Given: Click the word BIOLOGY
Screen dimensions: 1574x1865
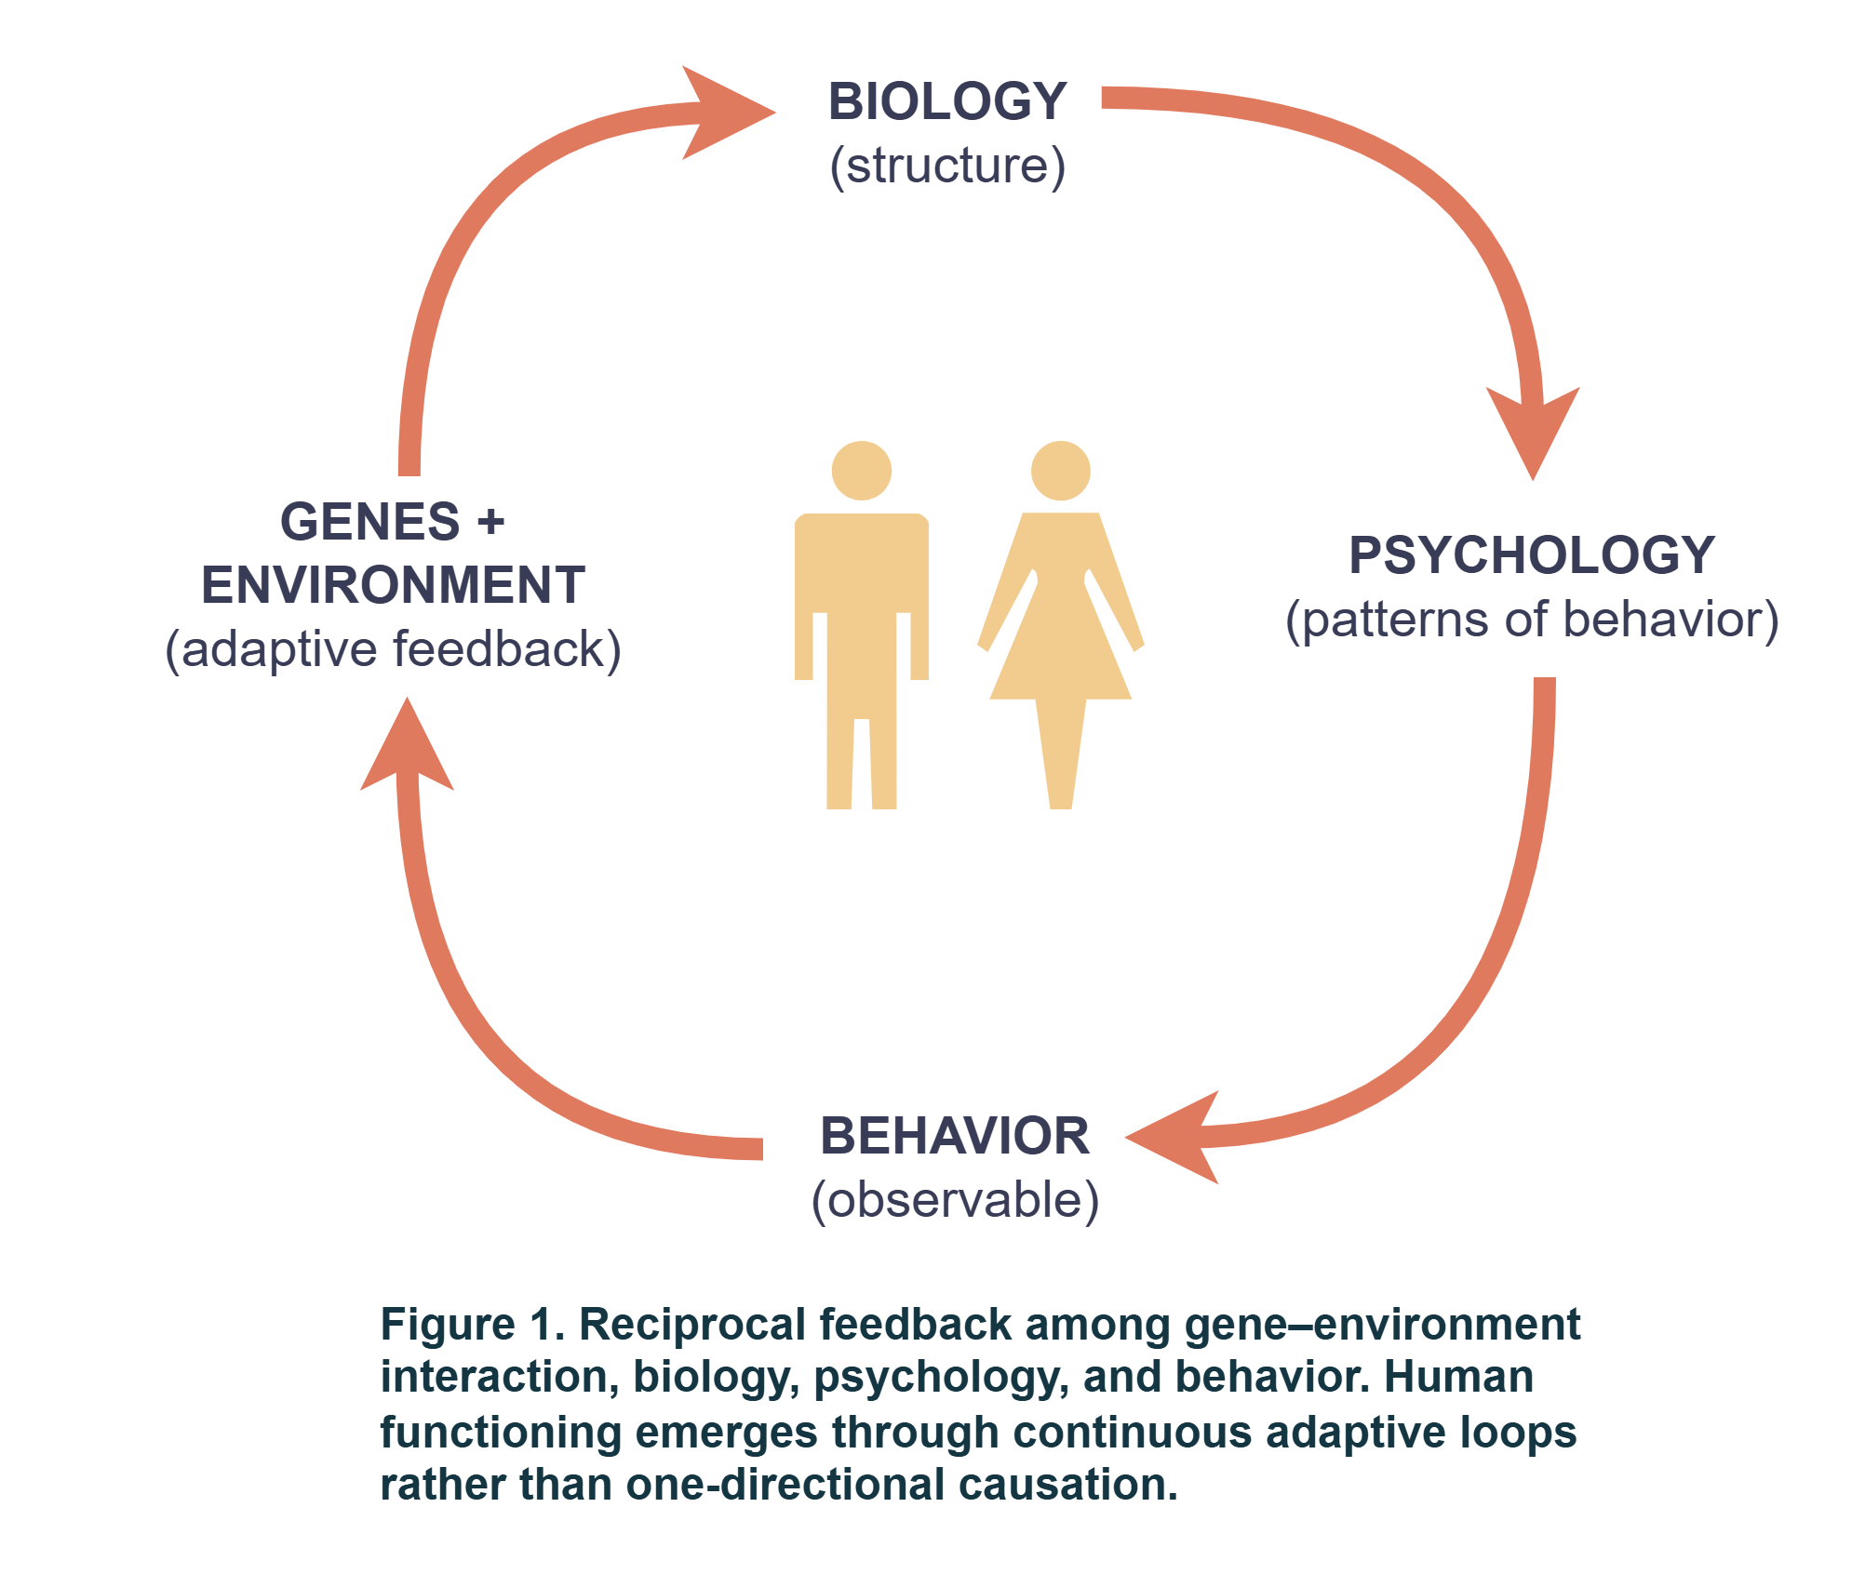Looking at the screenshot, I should click(x=946, y=101).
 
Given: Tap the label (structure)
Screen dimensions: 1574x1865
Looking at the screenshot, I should click(x=947, y=167).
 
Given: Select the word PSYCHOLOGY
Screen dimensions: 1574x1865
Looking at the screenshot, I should click(x=1532, y=555).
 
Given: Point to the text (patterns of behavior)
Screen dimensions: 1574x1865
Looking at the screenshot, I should click(x=1532, y=620).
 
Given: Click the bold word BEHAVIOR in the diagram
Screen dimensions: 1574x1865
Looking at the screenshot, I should click(x=955, y=1136).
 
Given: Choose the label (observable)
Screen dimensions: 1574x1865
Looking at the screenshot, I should click(x=955, y=1201).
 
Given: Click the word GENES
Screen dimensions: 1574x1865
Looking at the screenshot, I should click(x=370, y=521).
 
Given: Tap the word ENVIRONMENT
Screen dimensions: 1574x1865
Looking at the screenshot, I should click(x=393, y=585).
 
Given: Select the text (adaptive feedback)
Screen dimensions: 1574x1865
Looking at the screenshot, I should click(x=393, y=649).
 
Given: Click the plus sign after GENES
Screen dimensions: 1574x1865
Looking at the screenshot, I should click(x=490, y=521).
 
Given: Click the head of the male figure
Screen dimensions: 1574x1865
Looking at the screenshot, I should click(x=862, y=471).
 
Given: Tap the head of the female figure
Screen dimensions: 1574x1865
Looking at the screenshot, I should click(x=1061, y=471).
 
